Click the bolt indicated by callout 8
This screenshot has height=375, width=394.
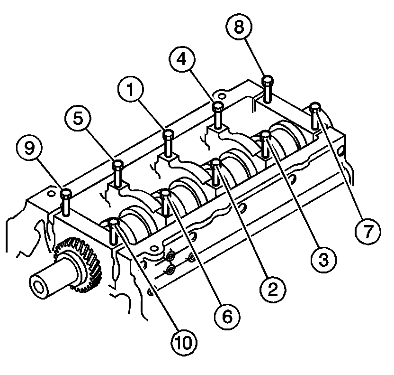(268, 89)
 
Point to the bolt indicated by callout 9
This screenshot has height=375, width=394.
(67, 202)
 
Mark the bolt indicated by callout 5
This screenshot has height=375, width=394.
(117, 173)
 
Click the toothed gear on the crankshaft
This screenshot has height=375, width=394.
(78, 266)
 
